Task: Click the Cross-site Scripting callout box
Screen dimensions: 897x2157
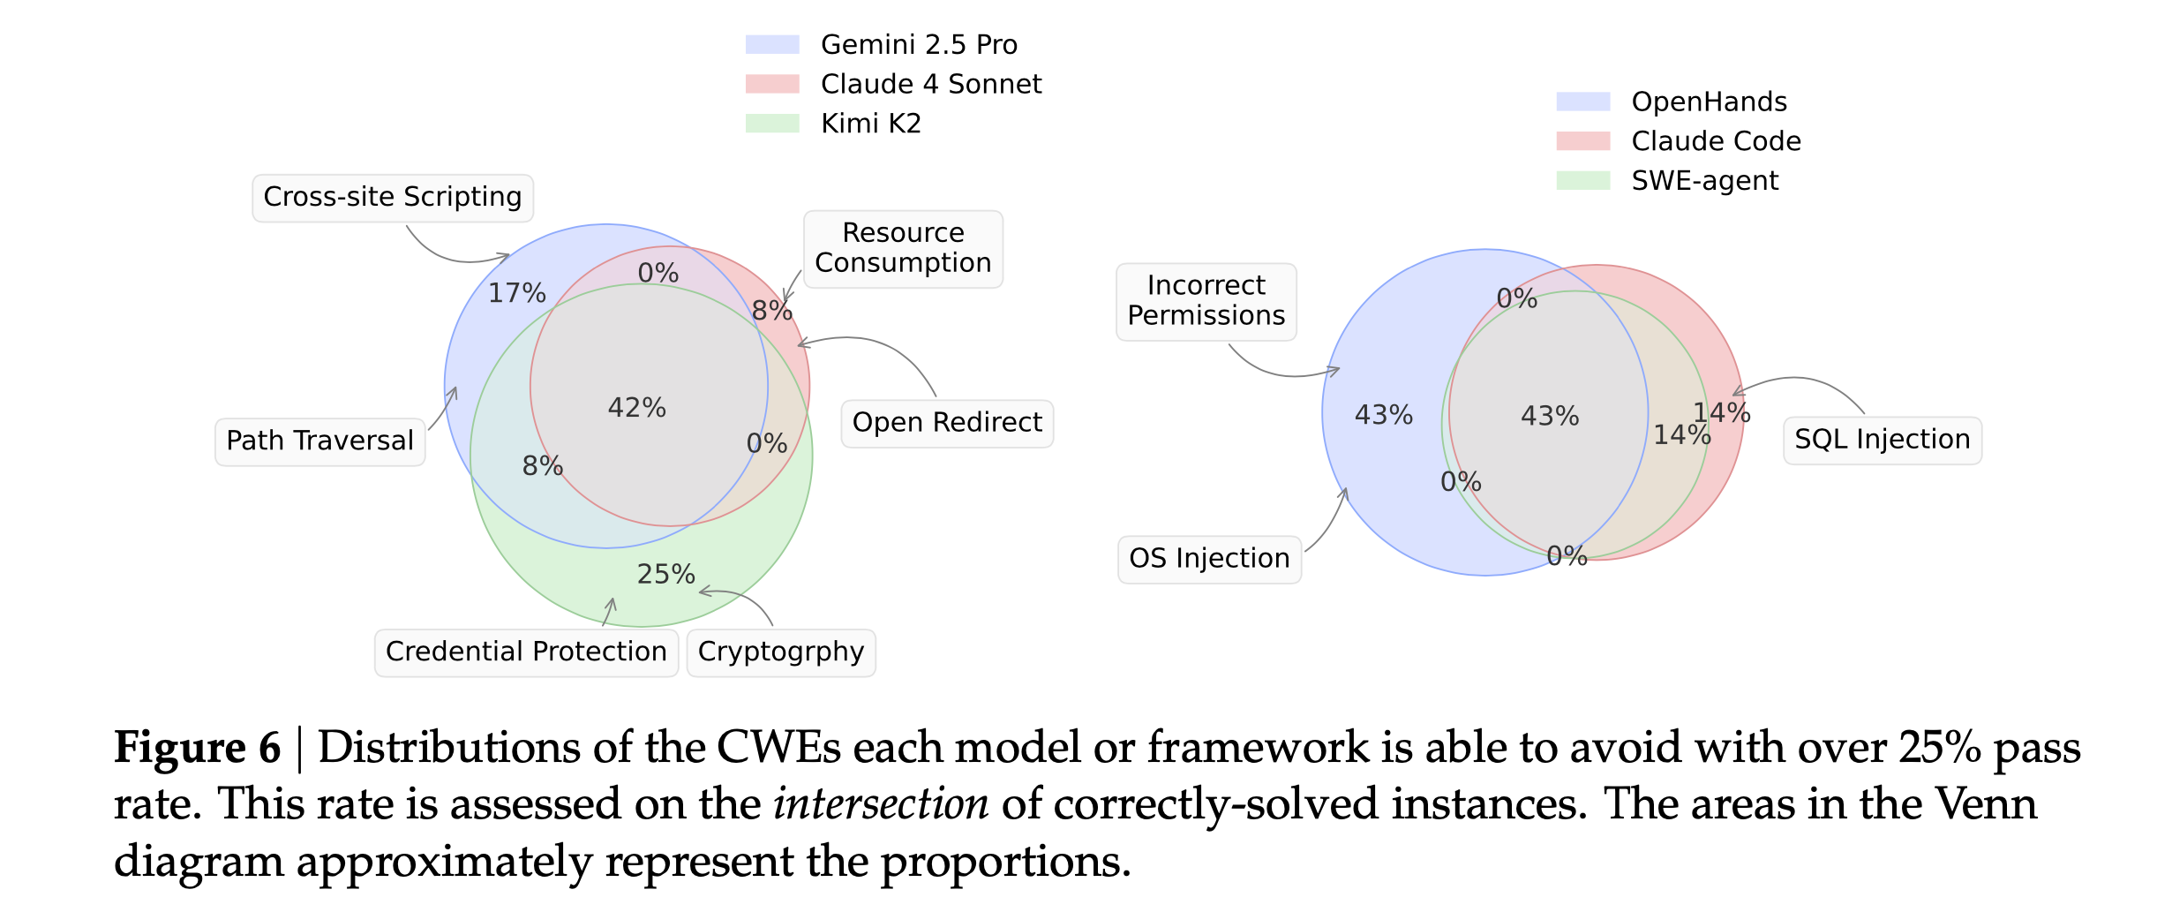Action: (393, 197)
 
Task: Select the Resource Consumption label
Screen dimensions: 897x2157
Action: (903, 248)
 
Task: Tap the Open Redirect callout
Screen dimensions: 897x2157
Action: (947, 423)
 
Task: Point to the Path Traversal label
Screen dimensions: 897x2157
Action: (319, 441)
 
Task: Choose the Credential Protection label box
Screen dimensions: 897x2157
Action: (526, 652)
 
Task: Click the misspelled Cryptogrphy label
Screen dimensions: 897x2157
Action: (781, 652)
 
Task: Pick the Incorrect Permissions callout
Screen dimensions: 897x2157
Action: (1206, 301)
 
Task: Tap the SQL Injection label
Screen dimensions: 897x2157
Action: (1882, 440)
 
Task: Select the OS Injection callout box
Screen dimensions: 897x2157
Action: (1209, 559)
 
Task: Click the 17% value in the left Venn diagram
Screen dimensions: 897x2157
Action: (517, 293)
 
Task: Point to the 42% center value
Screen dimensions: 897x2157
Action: (637, 408)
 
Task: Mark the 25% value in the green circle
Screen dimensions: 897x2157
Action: (666, 575)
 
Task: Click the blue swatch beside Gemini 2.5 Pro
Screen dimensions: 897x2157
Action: (772, 44)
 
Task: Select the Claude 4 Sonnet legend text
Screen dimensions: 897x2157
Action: (931, 84)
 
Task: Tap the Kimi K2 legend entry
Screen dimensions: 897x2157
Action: (871, 124)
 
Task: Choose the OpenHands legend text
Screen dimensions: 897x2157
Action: (1709, 102)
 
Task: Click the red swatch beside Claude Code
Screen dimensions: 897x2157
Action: (1582, 141)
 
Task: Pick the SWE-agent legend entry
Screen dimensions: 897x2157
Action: (1704, 181)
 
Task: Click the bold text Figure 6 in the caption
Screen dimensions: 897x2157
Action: (197, 748)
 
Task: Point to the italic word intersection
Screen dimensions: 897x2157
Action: (881, 804)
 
